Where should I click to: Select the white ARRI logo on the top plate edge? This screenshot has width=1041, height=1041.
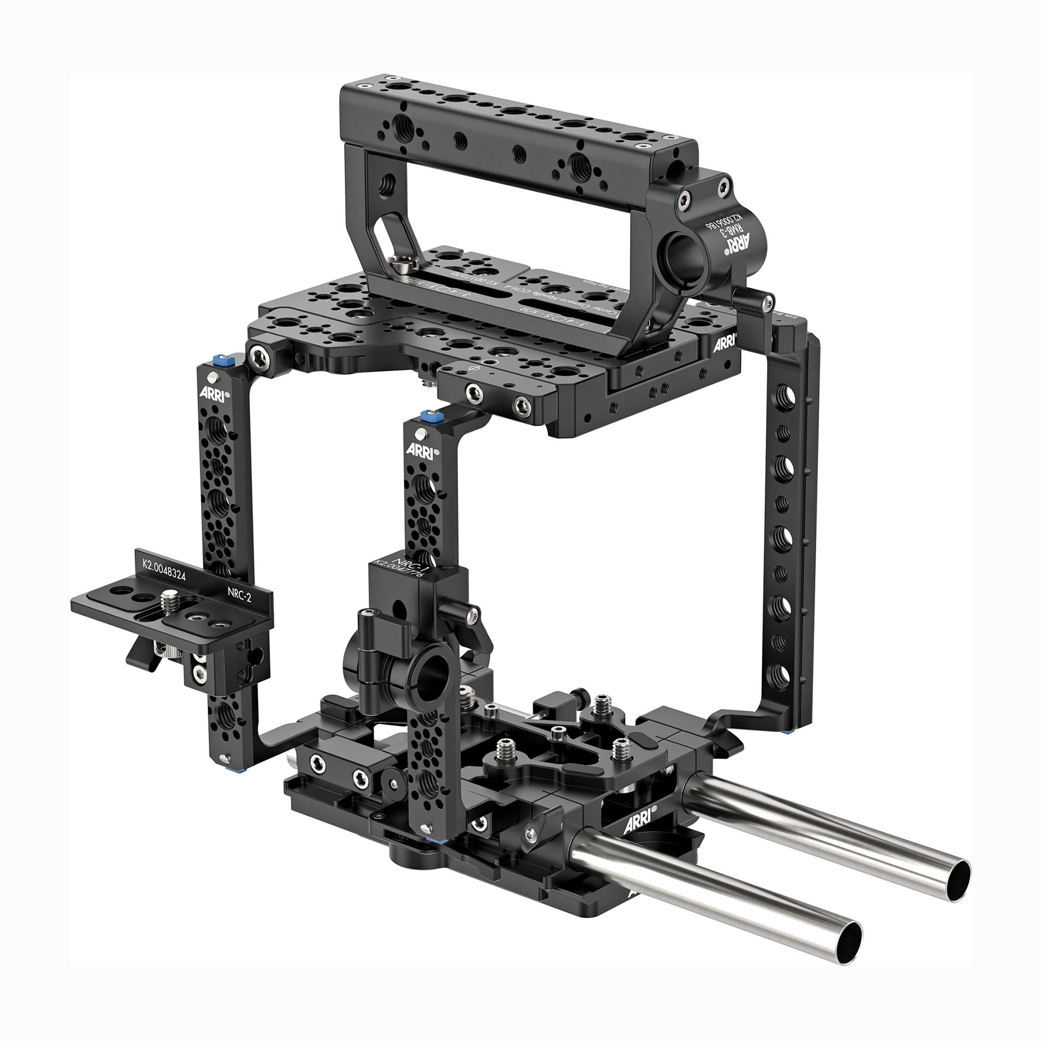click(x=725, y=344)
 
